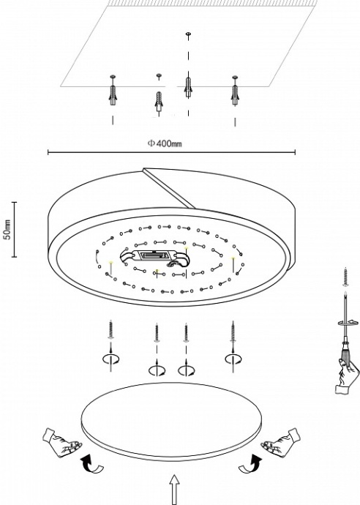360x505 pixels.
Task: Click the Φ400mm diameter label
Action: (164, 143)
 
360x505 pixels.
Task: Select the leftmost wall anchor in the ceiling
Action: (113, 91)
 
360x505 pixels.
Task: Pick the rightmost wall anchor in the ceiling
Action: (235, 91)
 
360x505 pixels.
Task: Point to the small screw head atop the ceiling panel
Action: (188, 34)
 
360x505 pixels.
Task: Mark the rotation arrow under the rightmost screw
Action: (233, 359)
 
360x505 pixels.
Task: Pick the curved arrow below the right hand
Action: (253, 465)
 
